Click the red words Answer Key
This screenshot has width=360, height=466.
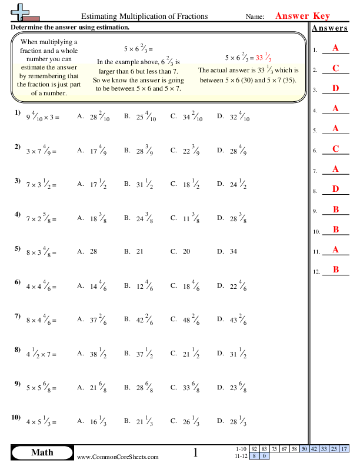coord(302,16)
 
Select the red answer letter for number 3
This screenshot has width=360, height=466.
coord(335,88)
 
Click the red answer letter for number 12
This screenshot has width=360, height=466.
coord(335,269)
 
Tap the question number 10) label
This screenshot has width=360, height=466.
coord(16,417)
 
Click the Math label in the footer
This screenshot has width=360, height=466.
coord(42,452)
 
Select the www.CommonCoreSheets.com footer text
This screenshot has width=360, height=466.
coord(118,457)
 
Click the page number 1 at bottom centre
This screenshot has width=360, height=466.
coord(196,452)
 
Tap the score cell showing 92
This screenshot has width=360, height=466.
coord(255,449)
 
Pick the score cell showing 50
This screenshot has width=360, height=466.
coord(304,449)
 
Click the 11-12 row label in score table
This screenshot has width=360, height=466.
coord(241,455)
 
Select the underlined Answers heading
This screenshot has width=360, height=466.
coord(329,28)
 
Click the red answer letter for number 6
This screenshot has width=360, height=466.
coord(335,149)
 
